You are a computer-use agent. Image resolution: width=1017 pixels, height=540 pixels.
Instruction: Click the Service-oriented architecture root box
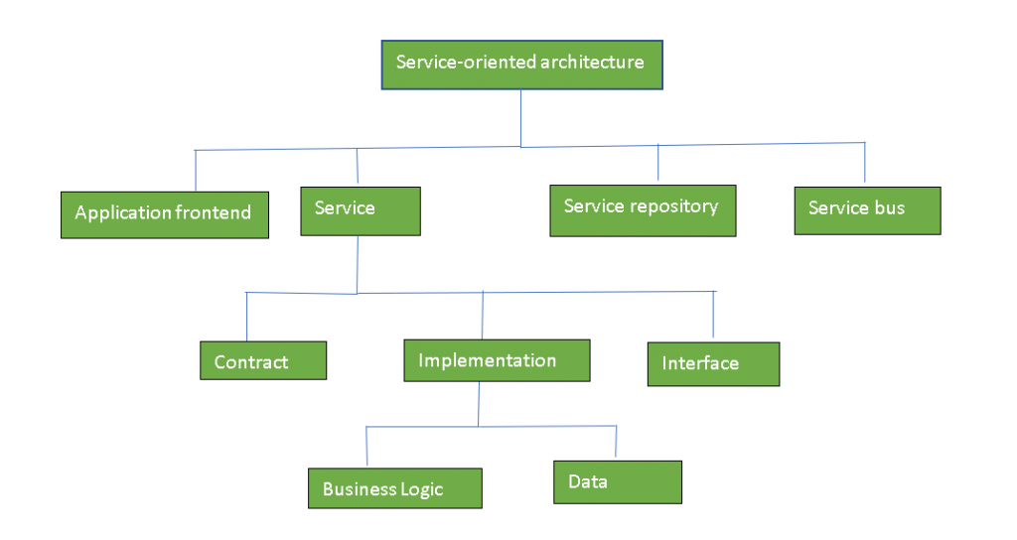pyautogui.click(x=522, y=65)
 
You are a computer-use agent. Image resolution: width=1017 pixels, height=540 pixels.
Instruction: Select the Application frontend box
pyautogui.click(x=165, y=214)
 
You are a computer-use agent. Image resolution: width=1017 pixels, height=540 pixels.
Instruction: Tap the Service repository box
pyautogui.click(x=643, y=210)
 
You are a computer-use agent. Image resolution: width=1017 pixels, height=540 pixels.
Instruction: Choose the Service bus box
pyautogui.click(x=867, y=210)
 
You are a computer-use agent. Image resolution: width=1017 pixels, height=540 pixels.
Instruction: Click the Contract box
pyautogui.click(x=263, y=360)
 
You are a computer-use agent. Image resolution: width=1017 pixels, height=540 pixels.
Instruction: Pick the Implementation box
pyautogui.click(x=497, y=360)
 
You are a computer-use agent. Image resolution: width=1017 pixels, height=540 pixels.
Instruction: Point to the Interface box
pyautogui.click(x=713, y=364)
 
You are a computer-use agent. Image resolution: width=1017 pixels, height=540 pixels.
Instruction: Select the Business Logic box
pyautogui.click(x=395, y=488)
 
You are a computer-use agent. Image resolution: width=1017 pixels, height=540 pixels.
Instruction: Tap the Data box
pyautogui.click(x=618, y=482)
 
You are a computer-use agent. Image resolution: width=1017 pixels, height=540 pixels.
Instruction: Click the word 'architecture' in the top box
pyautogui.click(x=592, y=62)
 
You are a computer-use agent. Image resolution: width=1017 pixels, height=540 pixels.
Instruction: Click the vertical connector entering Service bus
pyautogui.click(x=865, y=162)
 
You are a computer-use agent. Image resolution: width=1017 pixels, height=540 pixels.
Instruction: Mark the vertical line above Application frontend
pyautogui.click(x=196, y=171)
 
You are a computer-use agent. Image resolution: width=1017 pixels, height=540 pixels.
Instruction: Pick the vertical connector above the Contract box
pyautogui.click(x=246, y=317)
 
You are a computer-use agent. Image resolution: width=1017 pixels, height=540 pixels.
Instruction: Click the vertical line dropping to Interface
pyautogui.click(x=713, y=315)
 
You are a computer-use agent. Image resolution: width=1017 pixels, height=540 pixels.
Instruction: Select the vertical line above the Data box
pyautogui.click(x=616, y=442)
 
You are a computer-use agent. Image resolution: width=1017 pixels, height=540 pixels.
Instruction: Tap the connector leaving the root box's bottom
pyautogui.click(x=520, y=119)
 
